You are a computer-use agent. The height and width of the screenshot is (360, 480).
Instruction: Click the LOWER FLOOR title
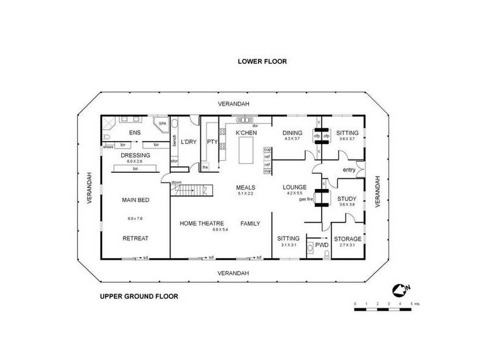click(262, 61)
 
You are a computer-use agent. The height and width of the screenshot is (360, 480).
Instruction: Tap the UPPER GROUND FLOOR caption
click(138, 296)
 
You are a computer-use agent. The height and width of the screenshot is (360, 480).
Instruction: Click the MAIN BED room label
click(136, 200)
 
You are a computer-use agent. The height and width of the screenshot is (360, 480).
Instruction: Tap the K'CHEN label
click(246, 133)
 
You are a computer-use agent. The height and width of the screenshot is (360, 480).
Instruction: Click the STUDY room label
click(347, 199)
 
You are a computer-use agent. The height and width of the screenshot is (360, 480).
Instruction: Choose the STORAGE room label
click(347, 239)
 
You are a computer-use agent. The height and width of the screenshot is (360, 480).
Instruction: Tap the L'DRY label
click(189, 142)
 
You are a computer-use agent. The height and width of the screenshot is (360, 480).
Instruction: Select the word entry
click(349, 170)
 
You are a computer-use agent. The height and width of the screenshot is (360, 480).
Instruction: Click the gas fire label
click(307, 199)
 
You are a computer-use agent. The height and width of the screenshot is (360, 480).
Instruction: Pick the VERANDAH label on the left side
click(88, 188)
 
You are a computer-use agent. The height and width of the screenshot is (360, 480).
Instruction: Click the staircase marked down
click(190, 191)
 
